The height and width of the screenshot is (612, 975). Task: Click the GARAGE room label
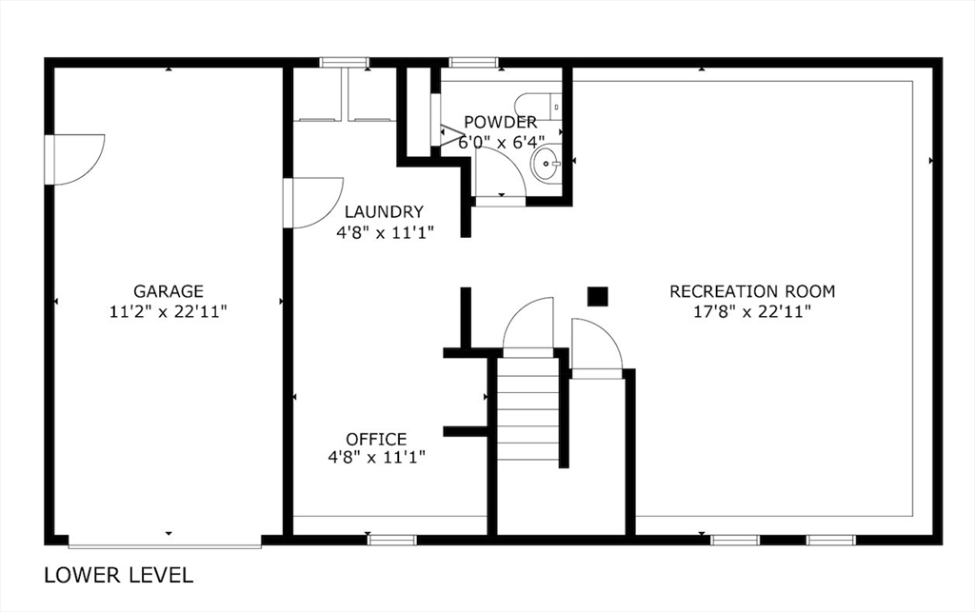[x=169, y=291]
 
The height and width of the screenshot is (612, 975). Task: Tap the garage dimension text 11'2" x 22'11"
[x=168, y=311]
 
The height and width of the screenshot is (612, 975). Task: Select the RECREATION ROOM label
[x=752, y=291]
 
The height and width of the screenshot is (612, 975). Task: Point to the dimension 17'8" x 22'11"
[x=752, y=311]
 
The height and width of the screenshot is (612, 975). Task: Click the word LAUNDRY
[x=385, y=212]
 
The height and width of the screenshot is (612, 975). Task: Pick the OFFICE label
[x=376, y=440]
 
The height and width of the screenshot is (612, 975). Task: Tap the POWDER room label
[x=501, y=122]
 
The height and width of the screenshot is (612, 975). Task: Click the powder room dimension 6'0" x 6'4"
[x=501, y=142]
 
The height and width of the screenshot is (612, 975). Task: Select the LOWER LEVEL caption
[x=119, y=575]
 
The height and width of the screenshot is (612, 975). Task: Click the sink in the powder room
[x=546, y=163]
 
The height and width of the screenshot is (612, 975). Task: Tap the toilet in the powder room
[x=540, y=107]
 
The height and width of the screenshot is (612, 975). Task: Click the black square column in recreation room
[x=598, y=296]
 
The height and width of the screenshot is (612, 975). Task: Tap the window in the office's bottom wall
[x=391, y=540]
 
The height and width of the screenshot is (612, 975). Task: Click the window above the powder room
[x=474, y=62]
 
